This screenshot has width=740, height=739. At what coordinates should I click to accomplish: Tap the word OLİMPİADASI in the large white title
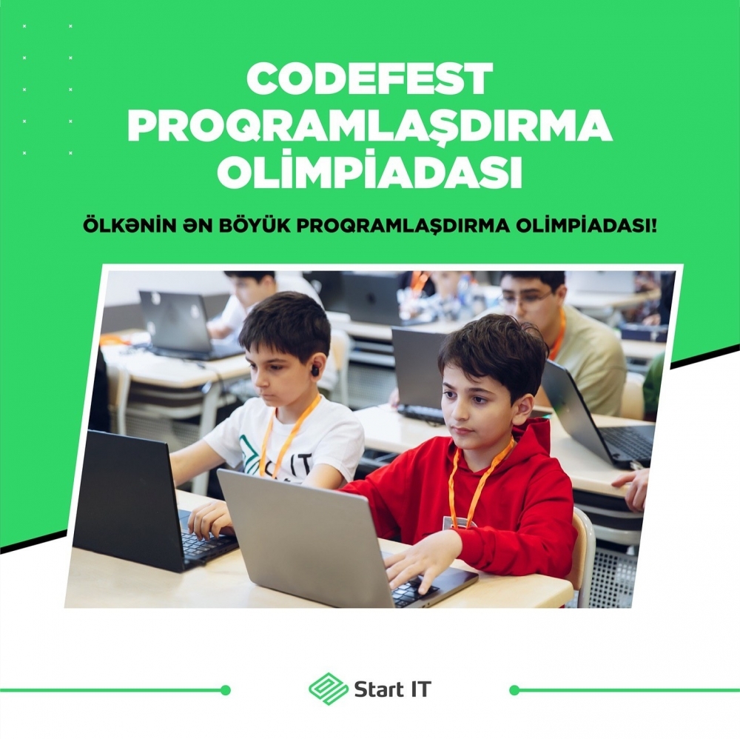click(369, 172)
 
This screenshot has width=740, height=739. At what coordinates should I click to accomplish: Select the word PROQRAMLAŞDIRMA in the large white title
click(369, 126)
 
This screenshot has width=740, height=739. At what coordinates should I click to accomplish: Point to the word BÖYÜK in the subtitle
click(253, 225)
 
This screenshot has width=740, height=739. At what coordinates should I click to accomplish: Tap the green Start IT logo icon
click(329, 689)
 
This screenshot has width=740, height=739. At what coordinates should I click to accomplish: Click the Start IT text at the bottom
click(393, 689)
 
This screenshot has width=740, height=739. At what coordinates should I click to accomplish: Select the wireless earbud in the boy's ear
click(314, 371)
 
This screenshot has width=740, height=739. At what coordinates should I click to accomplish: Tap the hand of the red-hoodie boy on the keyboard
click(422, 564)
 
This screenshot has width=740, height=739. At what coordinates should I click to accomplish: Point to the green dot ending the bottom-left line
click(226, 690)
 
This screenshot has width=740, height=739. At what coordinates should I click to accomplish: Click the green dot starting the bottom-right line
click(514, 690)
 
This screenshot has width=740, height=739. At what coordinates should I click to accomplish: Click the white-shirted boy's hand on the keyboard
click(210, 519)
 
